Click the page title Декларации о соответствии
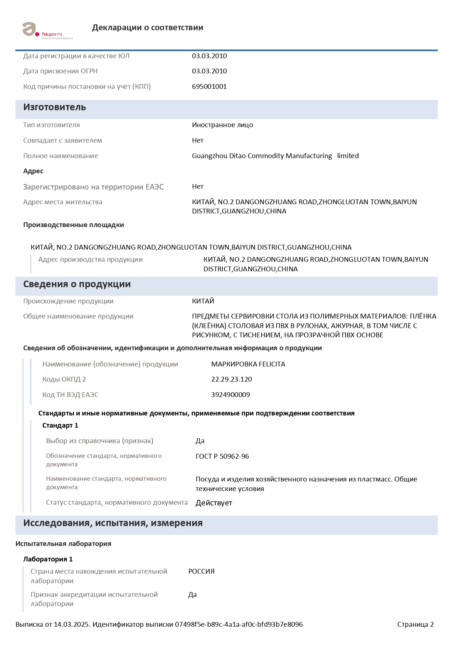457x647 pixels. pyautogui.click(x=147, y=28)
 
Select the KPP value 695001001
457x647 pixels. pyautogui.click(x=209, y=87)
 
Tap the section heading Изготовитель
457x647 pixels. pyautogui.click(x=55, y=107)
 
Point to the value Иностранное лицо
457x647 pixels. pyautogui.click(x=222, y=125)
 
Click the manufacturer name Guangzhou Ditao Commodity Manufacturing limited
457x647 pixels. pyautogui.click(x=275, y=156)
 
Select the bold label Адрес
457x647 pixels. pyautogui.click(x=33, y=171)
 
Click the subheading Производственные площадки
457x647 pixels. pyautogui.click(x=73, y=225)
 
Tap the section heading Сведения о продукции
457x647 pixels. pyautogui.click(x=77, y=284)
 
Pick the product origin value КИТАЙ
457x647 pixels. pyautogui.click(x=203, y=301)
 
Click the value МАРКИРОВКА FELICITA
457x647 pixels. pyautogui.click(x=248, y=364)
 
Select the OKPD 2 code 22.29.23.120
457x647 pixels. pyautogui.click(x=231, y=379)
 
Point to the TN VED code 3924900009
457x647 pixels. pyautogui.click(x=230, y=395)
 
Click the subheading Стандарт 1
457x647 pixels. pyautogui.click(x=60, y=425)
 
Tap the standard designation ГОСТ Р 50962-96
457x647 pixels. pyautogui.click(x=222, y=456)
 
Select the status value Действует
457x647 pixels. pyautogui.click(x=214, y=503)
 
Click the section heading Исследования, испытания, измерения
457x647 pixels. pyautogui.click(x=113, y=523)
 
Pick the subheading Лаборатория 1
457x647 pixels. pyautogui.click(x=48, y=559)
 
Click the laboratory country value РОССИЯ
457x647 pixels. pyautogui.click(x=201, y=571)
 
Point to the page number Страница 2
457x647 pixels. pyautogui.click(x=415, y=625)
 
